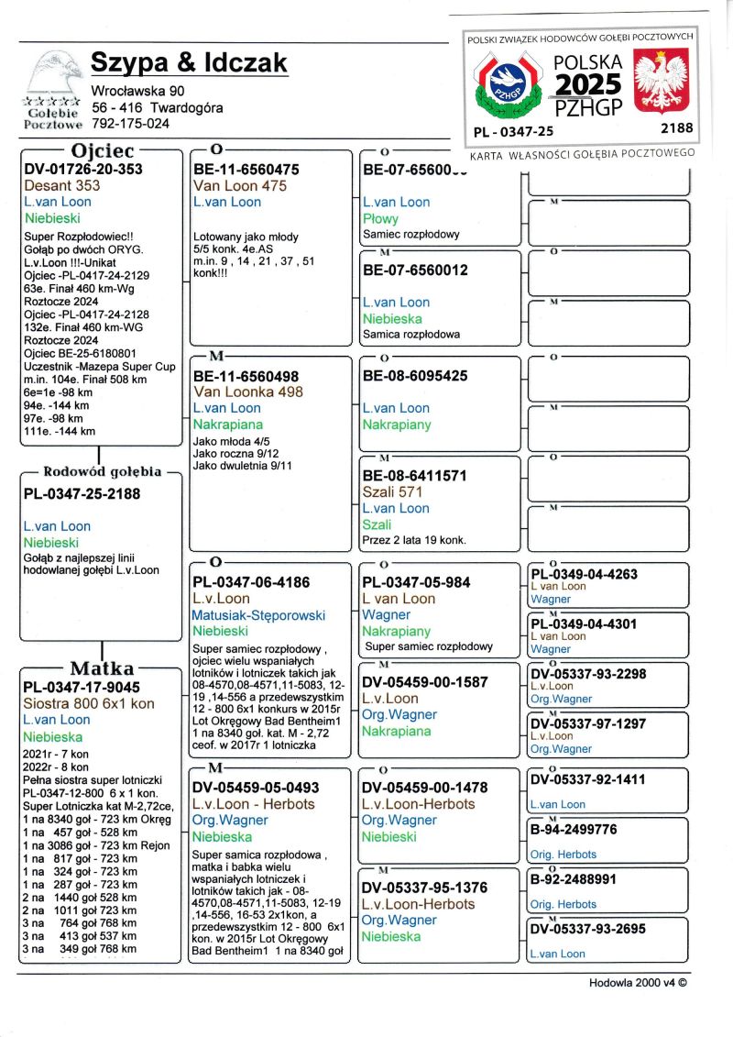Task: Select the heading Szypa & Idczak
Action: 189,63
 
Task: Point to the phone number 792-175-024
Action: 130,123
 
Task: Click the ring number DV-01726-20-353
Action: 83,170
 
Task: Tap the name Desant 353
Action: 62,186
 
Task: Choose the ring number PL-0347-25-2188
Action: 83,494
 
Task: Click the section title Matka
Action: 102,668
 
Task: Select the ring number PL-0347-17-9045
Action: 82,687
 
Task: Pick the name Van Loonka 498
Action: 247,392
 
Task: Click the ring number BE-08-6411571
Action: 415,476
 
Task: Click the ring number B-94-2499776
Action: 574,830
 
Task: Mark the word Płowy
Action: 380,219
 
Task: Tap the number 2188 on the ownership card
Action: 677,128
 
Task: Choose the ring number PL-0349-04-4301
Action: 585,624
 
